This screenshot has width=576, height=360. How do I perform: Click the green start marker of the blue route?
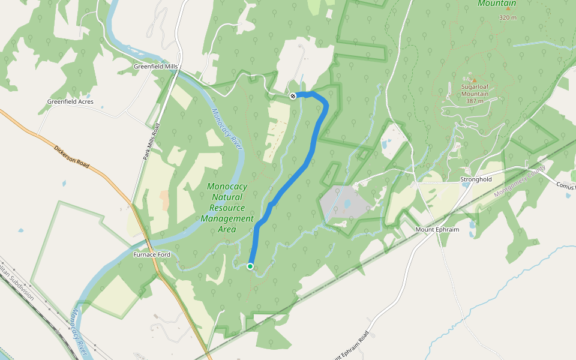(250, 266)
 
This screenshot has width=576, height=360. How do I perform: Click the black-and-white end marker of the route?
(293, 96)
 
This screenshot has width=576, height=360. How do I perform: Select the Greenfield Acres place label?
(70, 102)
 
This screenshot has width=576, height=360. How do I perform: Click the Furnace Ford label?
(151, 255)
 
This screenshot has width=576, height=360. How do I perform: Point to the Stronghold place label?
(476, 179)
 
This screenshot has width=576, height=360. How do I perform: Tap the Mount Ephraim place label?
(437, 230)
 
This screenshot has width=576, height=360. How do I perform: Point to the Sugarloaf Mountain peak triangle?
(473, 80)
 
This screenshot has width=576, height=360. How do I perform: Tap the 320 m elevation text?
(508, 18)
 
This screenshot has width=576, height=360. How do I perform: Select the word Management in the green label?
(227, 218)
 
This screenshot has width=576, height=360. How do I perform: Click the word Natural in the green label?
(227, 197)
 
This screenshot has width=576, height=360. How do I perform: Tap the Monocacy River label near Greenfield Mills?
(227, 127)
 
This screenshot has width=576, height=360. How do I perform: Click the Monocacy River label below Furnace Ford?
(80, 331)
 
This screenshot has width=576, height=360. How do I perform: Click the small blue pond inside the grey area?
(347, 203)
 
